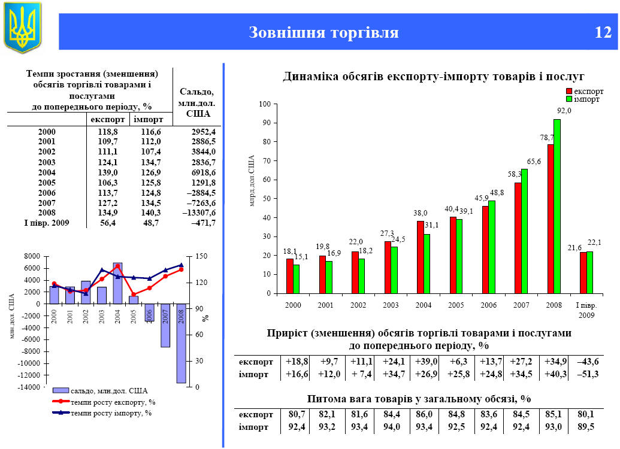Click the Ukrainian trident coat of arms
22,27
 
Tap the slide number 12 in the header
603,32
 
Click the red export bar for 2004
421,257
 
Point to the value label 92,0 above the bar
564,111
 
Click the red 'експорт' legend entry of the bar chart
585,91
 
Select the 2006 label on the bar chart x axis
489,305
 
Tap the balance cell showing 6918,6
202,172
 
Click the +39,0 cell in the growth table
427,362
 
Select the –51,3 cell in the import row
587,375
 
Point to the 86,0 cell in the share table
427,414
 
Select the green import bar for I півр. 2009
590,272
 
